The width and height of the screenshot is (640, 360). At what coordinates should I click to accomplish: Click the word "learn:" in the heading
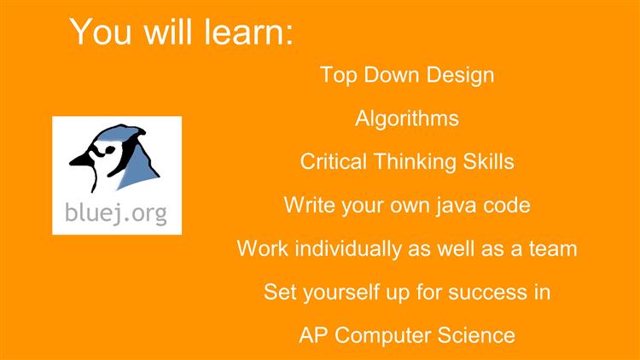click(x=248, y=32)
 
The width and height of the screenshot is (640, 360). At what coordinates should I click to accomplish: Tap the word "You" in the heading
click(x=100, y=32)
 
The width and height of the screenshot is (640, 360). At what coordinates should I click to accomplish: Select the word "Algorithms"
click(x=407, y=119)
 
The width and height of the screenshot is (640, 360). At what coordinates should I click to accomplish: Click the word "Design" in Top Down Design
click(x=461, y=76)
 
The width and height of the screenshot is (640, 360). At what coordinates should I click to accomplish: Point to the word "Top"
click(x=339, y=76)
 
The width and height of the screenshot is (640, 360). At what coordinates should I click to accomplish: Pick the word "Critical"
click(x=333, y=161)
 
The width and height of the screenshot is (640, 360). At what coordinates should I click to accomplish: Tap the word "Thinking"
click(x=414, y=162)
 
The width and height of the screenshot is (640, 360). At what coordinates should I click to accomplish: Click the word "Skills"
click(x=488, y=161)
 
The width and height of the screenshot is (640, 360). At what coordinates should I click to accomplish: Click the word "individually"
click(x=348, y=249)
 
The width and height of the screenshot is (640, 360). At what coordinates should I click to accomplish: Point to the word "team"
click(x=553, y=249)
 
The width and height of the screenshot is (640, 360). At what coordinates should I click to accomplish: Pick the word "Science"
click(x=476, y=335)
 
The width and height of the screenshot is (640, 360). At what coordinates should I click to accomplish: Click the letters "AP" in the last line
click(x=313, y=335)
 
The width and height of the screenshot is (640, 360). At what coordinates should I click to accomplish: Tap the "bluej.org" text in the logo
click(x=116, y=213)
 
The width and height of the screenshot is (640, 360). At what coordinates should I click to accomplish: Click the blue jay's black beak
click(x=80, y=160)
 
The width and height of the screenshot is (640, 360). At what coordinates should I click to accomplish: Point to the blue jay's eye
click(x=109, y=150)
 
